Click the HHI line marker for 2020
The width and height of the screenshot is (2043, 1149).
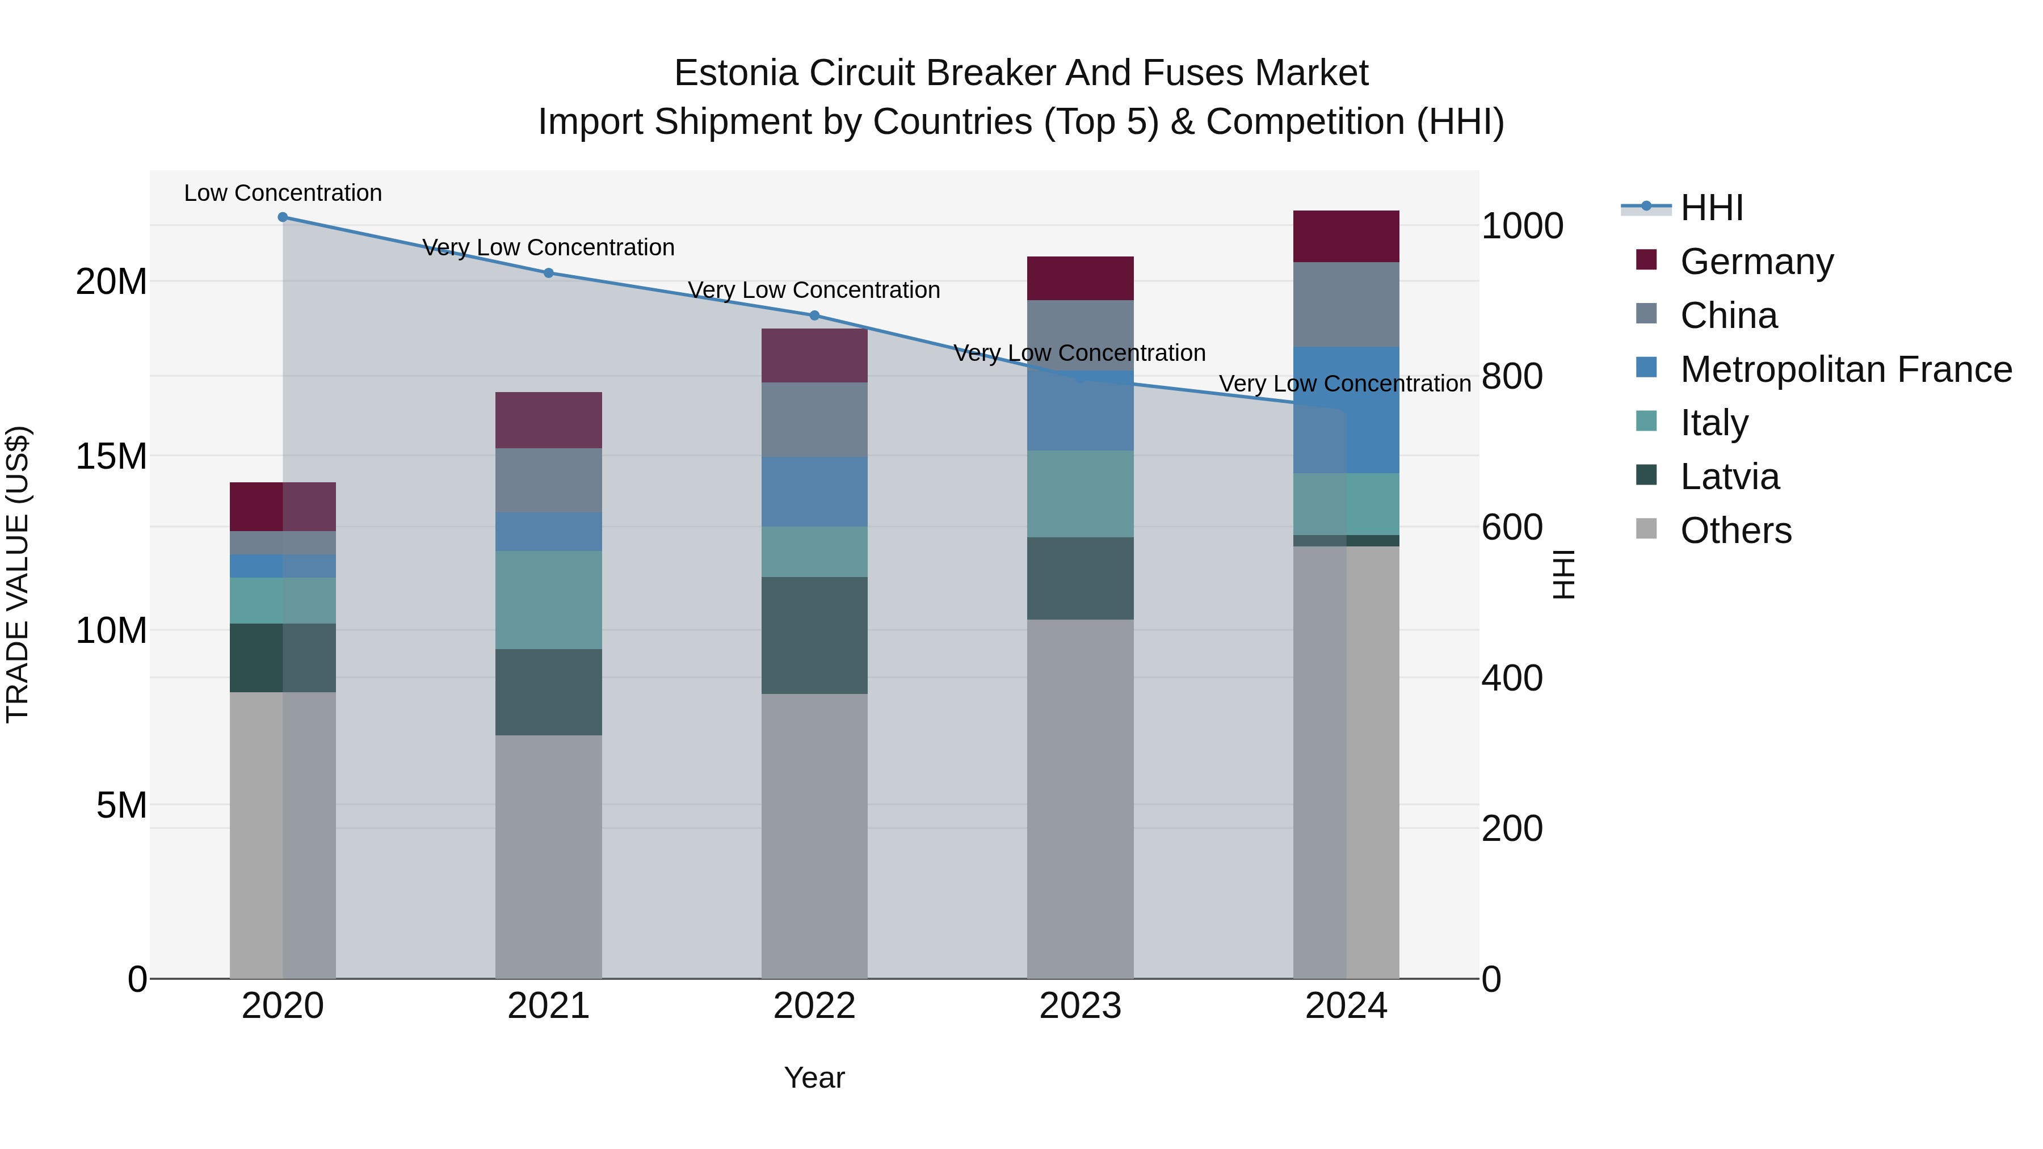283,217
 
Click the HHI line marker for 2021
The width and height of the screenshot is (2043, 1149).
548,273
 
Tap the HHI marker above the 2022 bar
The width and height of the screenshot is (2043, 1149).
814,315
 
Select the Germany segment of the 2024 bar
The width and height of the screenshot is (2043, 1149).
1346,236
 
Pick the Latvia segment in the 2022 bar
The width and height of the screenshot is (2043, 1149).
814,635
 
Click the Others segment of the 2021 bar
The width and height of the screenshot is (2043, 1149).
548,856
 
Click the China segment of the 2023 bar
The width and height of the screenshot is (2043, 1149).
1079,335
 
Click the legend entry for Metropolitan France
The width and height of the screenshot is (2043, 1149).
1846,369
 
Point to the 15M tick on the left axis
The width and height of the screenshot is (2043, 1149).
111,456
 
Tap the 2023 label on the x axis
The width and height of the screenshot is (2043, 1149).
1079,1006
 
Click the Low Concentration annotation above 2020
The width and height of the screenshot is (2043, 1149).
283,193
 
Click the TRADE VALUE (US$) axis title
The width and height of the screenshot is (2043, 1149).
18,574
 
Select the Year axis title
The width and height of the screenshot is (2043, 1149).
814,1078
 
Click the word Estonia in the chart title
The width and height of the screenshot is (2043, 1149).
735,73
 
